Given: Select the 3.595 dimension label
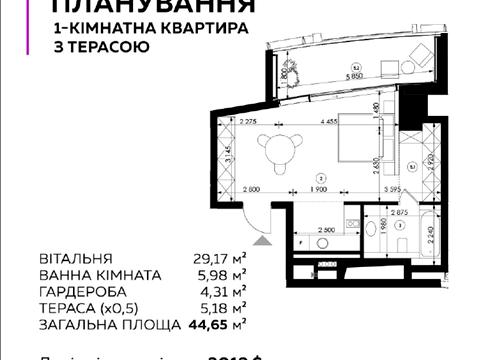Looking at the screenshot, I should tap(393, 189).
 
